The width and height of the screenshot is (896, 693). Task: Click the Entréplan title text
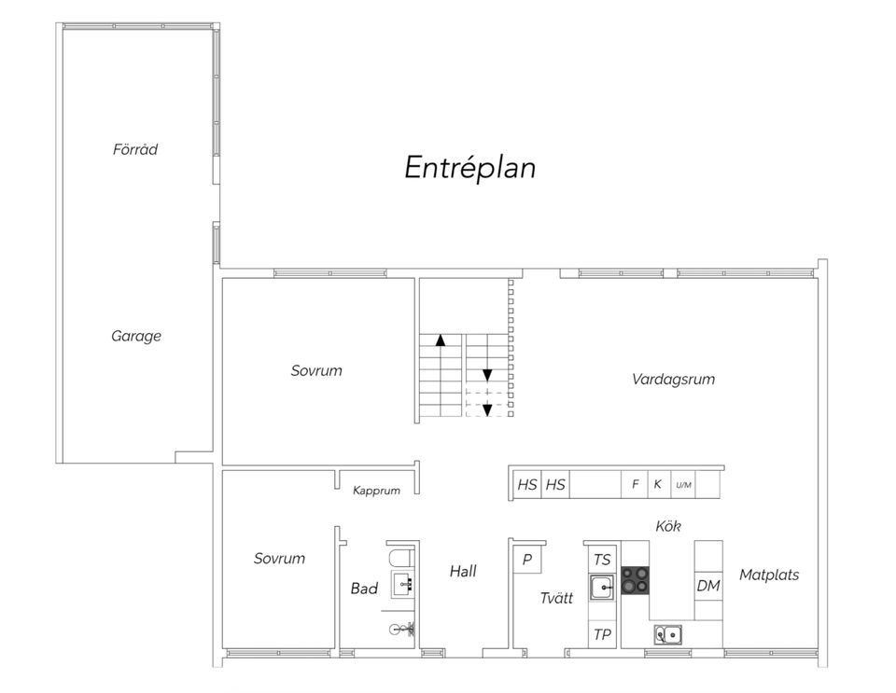pos(469,168)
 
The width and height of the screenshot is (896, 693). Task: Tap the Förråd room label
pos(134,149)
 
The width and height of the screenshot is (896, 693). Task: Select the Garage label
pos(136,336)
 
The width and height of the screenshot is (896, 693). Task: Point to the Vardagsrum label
pos(673,379)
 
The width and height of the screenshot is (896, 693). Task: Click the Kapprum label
pos(376,491)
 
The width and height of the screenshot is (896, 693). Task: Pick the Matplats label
pos(769,575)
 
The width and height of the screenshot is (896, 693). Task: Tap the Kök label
pos(668,526)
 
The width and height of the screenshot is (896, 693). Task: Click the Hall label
pos(463,571)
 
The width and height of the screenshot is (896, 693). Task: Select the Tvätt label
pos(556,598)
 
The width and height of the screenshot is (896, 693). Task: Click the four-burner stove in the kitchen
pos(636,579)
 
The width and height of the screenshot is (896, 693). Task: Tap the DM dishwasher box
pos(708,585)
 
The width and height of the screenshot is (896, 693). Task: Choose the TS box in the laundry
pos(602,560)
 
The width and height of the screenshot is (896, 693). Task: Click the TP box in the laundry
pos(602,634)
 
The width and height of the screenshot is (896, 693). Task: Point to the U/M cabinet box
pos(683,485)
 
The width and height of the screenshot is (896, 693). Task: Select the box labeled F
pos(635,485)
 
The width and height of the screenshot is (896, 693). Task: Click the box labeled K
pos(658,485)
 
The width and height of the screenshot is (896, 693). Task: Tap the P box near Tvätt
pos(526,560)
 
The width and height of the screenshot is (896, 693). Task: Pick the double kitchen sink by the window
pos(668,634)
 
